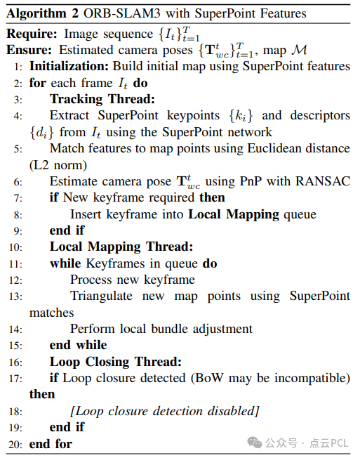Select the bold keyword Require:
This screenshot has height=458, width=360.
click(32, 34)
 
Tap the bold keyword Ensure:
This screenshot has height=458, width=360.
click(29, 50)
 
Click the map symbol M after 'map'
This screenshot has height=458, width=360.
click(300, 50)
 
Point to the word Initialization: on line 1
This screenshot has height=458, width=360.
click(69, 66)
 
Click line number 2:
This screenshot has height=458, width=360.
click(18, 84)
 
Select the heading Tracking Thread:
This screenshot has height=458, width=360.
click(102, 99)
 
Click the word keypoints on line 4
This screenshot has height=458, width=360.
click(193, 116)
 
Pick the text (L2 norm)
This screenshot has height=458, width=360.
click(58, 165)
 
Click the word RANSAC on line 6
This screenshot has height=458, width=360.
click(323, 181)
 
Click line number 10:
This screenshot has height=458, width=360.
click(15, 247)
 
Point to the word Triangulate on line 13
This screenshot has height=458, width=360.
click(101, 296)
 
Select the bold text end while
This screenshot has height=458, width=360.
click(78, 345)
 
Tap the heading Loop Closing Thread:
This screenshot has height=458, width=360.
click(116, 362)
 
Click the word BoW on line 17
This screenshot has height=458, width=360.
click(209, 378)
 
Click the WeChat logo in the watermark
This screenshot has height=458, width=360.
click(255, 443)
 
